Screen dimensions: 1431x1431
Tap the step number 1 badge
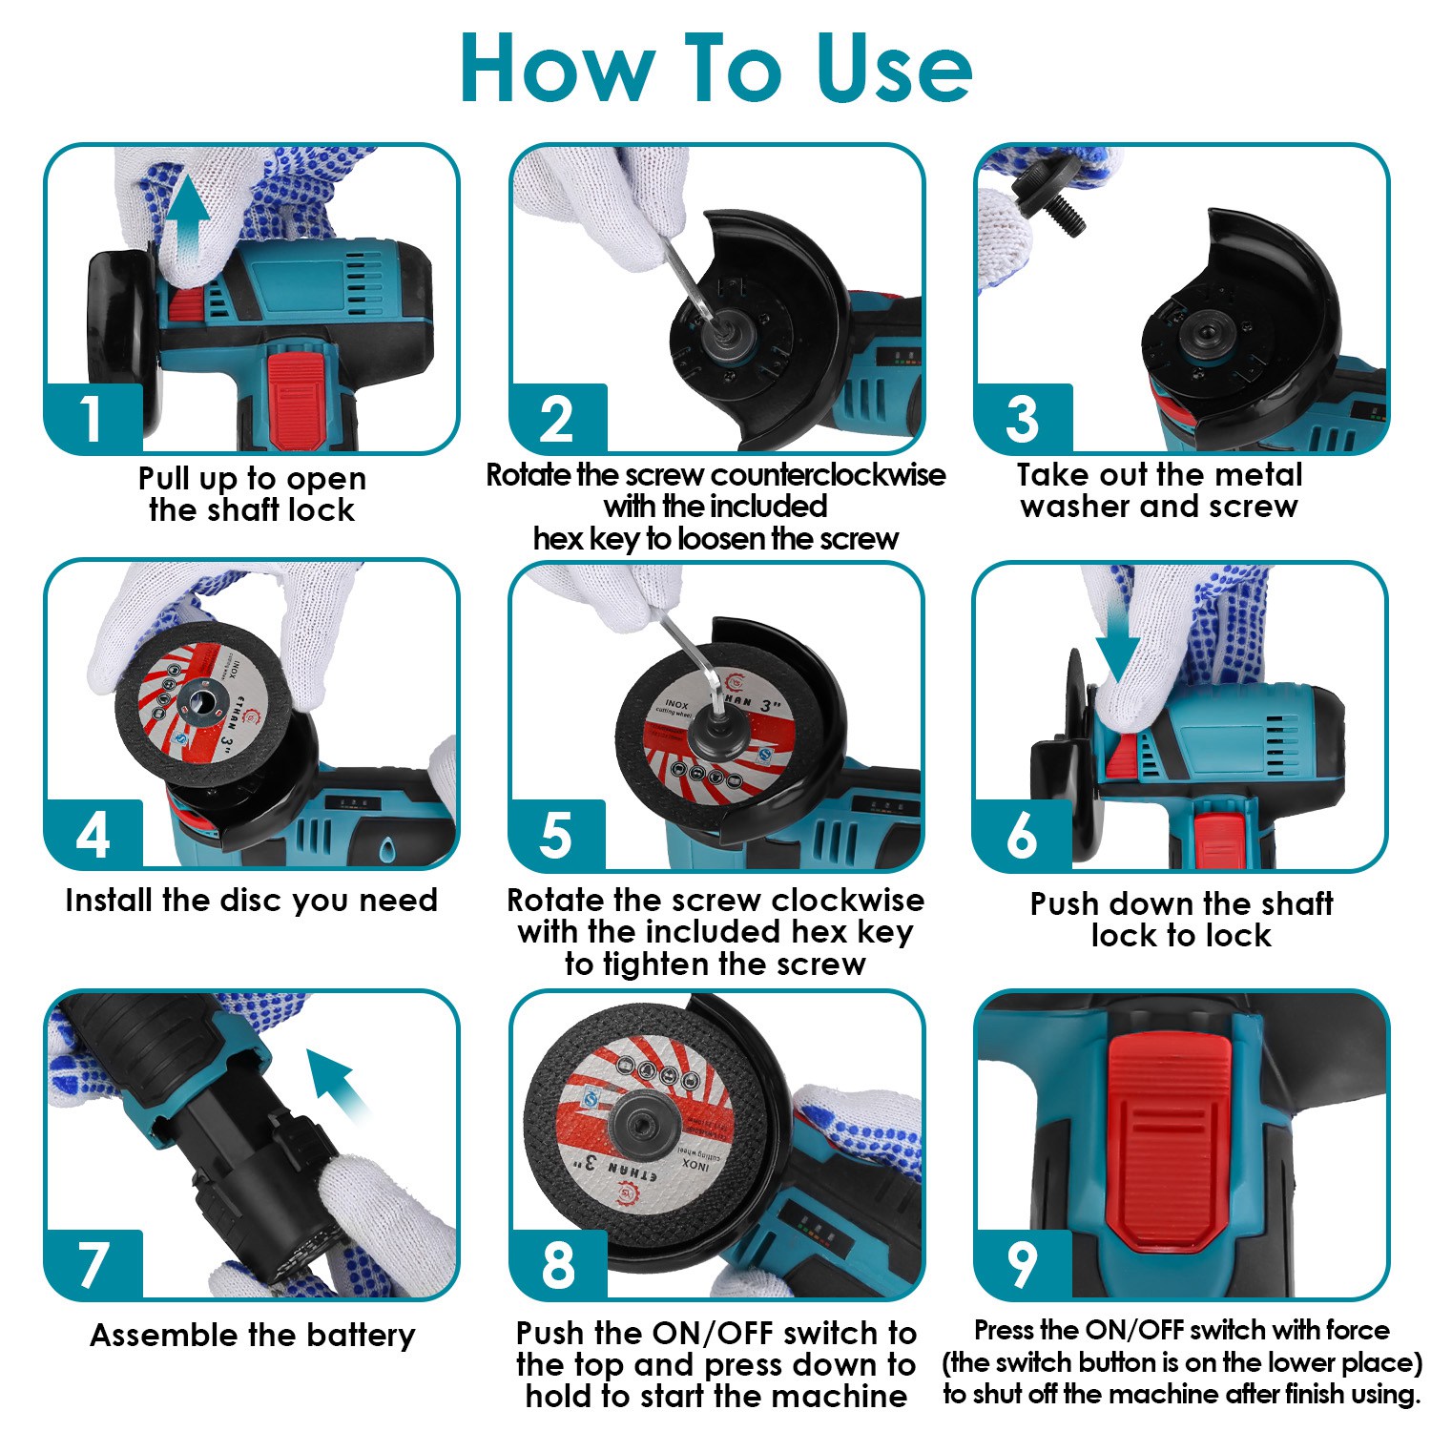point(93,418)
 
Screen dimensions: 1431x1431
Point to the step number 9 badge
point(1022,1264)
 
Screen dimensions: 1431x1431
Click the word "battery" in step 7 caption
point(358,1336)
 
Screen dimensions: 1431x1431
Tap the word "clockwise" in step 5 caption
point(848,900)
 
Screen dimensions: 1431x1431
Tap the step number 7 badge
point(93,1264)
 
